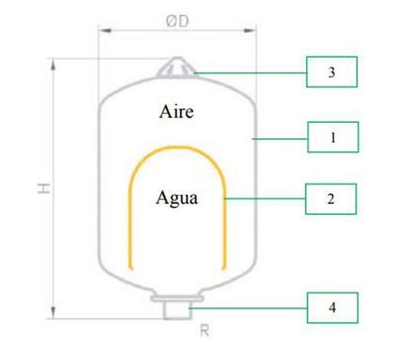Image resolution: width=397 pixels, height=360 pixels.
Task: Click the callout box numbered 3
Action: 331,72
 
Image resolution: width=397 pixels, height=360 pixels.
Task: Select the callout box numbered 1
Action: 333,137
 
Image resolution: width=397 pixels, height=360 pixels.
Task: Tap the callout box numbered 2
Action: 331,199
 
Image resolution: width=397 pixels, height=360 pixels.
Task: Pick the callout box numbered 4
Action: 333,308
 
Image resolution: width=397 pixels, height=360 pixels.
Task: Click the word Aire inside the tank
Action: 176,112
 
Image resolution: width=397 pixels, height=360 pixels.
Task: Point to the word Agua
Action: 176,198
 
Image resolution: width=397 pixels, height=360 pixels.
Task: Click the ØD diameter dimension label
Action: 177,21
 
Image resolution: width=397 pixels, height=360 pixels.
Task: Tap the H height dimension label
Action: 44,188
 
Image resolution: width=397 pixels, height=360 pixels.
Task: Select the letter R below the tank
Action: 205,331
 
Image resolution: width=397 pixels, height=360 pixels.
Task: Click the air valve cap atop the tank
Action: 176,66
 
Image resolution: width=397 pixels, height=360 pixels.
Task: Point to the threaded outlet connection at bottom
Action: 177,310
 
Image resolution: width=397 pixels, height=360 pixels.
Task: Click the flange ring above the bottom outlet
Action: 177,298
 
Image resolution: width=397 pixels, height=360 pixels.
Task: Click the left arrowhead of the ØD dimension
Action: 105,31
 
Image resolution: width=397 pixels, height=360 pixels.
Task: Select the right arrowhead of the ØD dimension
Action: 250,31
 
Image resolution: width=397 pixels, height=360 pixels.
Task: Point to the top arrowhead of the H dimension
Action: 53,65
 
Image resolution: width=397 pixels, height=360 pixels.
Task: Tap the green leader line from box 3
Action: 250,73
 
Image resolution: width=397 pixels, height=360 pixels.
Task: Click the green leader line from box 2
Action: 264,199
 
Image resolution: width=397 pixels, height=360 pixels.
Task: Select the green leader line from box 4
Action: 248,308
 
